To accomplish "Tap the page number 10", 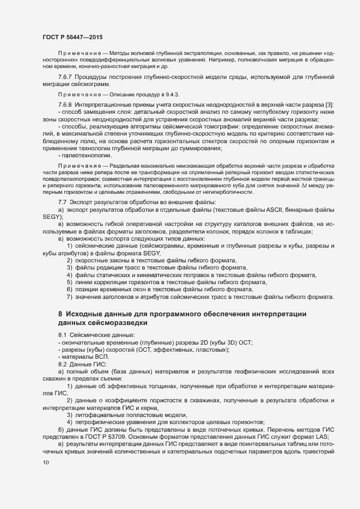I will click(45, 463).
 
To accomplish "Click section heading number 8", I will click(60, 314).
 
